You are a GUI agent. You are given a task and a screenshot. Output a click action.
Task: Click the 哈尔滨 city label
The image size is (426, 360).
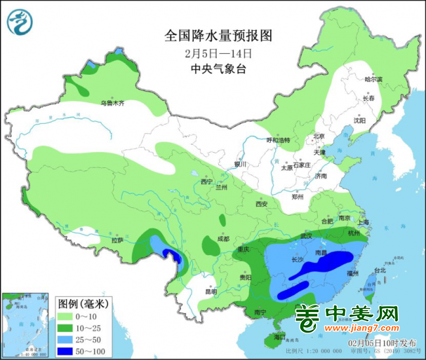[x=372, y=79]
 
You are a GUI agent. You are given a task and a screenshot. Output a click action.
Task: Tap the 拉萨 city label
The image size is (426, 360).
[x=117, y=241]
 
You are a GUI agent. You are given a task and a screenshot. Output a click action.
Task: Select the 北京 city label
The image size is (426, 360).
[x=319, y=136]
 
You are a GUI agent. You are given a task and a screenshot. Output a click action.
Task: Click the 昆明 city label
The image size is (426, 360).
[x=210, y=291]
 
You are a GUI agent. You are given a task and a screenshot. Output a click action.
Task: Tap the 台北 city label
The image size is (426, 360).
[x=379, y=270]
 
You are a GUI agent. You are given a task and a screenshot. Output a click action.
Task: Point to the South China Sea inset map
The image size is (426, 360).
[x=27, y=325]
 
